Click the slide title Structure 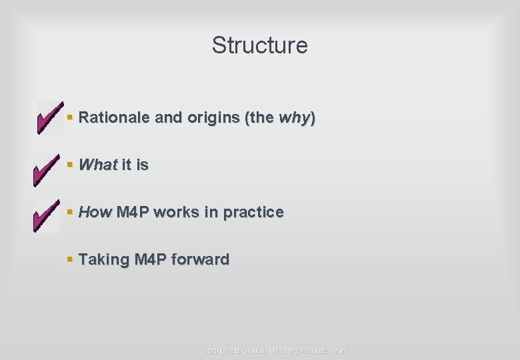pos(259,45)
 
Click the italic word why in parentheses pos(294,118)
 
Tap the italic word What pos(98,165)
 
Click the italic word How pos(95,212)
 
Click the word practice pos(253,212)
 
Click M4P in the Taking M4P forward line pos(151,259)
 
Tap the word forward pos(200,259)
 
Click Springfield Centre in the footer pos(233,351)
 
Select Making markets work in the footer pos(310,351)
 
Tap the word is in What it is pos(142,165)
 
